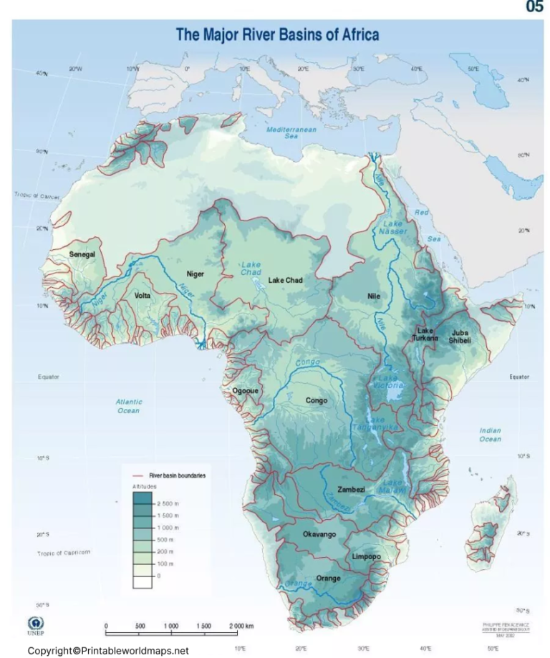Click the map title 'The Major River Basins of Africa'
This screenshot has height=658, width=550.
(277, 34)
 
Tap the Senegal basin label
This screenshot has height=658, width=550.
(82, 254)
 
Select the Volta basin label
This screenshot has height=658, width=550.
(143, 295)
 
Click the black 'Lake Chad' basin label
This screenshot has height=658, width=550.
(286, 280)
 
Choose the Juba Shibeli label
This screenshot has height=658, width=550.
(460, 337)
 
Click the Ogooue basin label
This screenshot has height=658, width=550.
(245, 391)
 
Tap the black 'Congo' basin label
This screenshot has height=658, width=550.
(317, 401)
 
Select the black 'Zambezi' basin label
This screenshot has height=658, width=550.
(351, 490)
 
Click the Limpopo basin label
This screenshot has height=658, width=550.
(366, 556)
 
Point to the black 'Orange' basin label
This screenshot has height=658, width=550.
(329, 578)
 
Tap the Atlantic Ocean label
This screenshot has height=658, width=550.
(129, 407)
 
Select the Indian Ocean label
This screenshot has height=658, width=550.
(490, 435)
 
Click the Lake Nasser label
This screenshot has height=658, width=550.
(392, 227)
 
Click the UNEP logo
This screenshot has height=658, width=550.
(35, 624)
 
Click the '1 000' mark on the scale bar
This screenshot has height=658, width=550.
(170, 626)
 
